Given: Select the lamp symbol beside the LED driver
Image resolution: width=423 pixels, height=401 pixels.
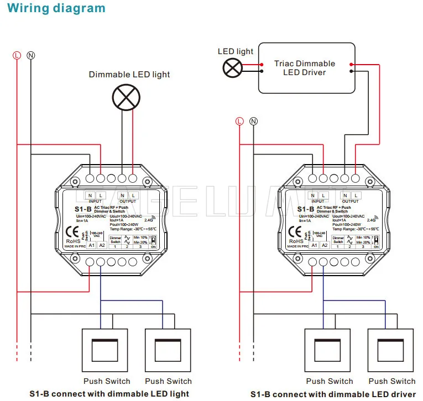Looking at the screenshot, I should (x=232, y=68).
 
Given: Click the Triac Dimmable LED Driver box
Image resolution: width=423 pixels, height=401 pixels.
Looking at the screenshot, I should (x=306, y=68).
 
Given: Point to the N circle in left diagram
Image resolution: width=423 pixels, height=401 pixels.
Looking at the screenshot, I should (x=31, y=55).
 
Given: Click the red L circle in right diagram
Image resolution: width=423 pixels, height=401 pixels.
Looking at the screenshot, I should (x=239, y=120).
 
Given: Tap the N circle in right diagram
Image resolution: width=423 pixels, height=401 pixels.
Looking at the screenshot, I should (x=254, y=120).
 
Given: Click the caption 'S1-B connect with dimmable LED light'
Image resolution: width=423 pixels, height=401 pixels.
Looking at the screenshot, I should (x=109, y=394).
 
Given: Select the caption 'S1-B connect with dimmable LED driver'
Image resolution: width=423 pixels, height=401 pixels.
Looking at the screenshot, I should (x=333, y=394).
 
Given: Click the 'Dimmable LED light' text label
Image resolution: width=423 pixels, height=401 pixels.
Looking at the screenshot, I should (x=129, y=75).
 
